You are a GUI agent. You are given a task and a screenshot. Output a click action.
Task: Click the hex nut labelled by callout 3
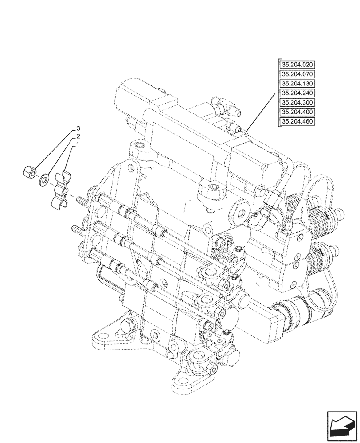pos(29,171)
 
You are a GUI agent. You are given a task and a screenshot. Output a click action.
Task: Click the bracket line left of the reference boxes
pos(278,93)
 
